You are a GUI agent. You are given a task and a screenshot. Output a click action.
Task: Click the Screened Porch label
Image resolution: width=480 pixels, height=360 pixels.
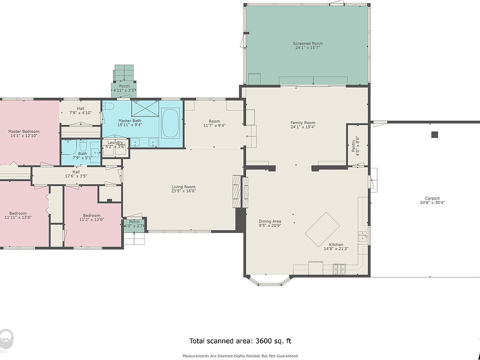pos(307,43)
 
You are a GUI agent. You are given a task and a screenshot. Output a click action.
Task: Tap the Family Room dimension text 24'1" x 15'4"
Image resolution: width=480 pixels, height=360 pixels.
pos(303,127)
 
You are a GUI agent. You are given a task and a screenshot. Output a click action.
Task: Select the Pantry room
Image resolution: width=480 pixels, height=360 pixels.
pos(357,145)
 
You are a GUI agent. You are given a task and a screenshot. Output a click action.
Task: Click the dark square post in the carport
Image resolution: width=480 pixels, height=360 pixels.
pos(434,134)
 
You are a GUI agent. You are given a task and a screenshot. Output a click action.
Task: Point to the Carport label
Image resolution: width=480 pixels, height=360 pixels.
pos(432,198)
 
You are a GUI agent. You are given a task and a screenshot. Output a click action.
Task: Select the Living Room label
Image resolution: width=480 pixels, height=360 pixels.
pos(183,186)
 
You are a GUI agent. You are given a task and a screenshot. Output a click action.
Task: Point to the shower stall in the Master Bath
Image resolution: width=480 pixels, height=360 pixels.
pos(145,108)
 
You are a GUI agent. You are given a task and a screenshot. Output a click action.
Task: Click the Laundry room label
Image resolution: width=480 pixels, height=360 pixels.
pos(115,142)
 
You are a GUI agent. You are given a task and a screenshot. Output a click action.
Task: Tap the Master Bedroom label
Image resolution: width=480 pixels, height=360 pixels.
pos(24,131)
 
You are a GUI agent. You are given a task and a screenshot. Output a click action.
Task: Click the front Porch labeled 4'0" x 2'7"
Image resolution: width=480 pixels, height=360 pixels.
pos(134,225)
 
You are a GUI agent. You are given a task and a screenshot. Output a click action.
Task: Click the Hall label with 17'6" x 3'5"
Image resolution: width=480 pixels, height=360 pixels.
pos(76,172)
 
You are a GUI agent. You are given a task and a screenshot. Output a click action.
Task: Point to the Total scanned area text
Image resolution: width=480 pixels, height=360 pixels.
pos(240,341)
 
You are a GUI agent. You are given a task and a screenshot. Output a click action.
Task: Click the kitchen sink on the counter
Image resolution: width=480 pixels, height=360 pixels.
pos(363,236)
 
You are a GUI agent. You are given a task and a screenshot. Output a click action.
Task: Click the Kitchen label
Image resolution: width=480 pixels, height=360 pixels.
pos(336,244)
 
